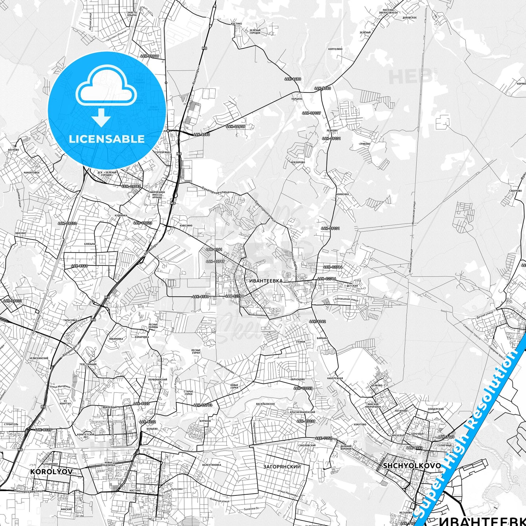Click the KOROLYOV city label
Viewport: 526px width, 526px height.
(x=51, y=471)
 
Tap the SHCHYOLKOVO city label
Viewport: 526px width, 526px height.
(x=412, y=466)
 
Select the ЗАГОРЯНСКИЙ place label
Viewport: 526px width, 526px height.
(x=282, y=466)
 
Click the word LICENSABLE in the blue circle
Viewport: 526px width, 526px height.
(x=107, y=139)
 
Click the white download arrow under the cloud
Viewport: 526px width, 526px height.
(x=101, y=117)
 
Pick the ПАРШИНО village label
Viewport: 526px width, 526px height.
(x=297, y=99)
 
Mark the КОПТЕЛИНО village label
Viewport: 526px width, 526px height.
(x=335, y=49)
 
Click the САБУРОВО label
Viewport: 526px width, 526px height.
(x=516, y=191)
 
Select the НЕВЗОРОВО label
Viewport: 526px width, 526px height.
(x=298, y=162)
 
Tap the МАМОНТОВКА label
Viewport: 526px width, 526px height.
(x=31, y=173)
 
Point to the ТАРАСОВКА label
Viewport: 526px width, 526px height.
(x=71, y=320)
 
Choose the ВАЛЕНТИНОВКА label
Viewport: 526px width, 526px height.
(x=211, y=465)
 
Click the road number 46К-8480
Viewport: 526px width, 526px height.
(x=293, y=79)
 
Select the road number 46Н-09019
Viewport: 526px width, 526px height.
(x=150, y=56)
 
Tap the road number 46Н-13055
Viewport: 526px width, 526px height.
(x=303, y=388)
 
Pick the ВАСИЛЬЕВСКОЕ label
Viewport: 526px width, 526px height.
(x=266, y=404)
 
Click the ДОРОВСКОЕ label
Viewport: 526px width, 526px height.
(x=410, y=17)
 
